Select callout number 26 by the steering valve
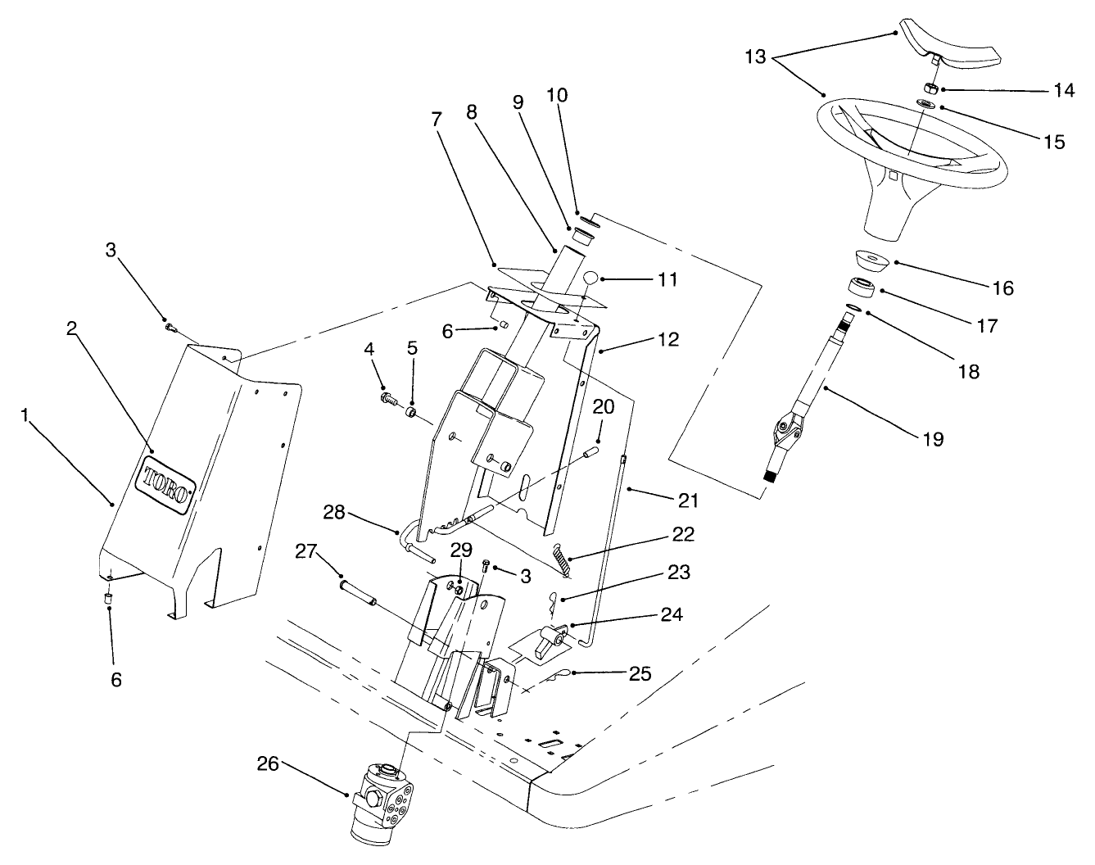click(x=268, y=763)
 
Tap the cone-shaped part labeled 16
click(x=873, y=260)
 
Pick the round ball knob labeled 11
click(x=590, y=279)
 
